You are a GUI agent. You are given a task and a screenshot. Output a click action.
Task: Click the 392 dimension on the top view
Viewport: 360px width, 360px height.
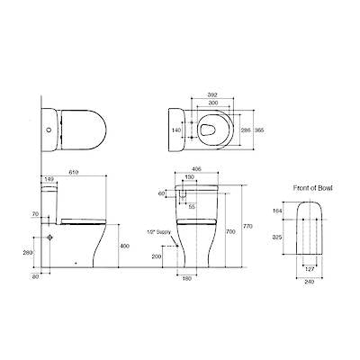[x=212, y=93]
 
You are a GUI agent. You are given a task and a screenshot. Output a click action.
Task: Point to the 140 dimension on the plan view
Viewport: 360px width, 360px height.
[x=177, y=130]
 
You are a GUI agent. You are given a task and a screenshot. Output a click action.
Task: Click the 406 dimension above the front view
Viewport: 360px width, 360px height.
[x=196, y=169]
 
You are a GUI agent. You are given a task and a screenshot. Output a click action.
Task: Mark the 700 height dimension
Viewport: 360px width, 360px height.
[x=232, y=232]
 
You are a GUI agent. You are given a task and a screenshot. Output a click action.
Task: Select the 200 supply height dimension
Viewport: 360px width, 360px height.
[x=157, y=256]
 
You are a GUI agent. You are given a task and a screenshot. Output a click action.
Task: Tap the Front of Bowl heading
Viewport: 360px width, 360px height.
[x=312, y=188]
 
